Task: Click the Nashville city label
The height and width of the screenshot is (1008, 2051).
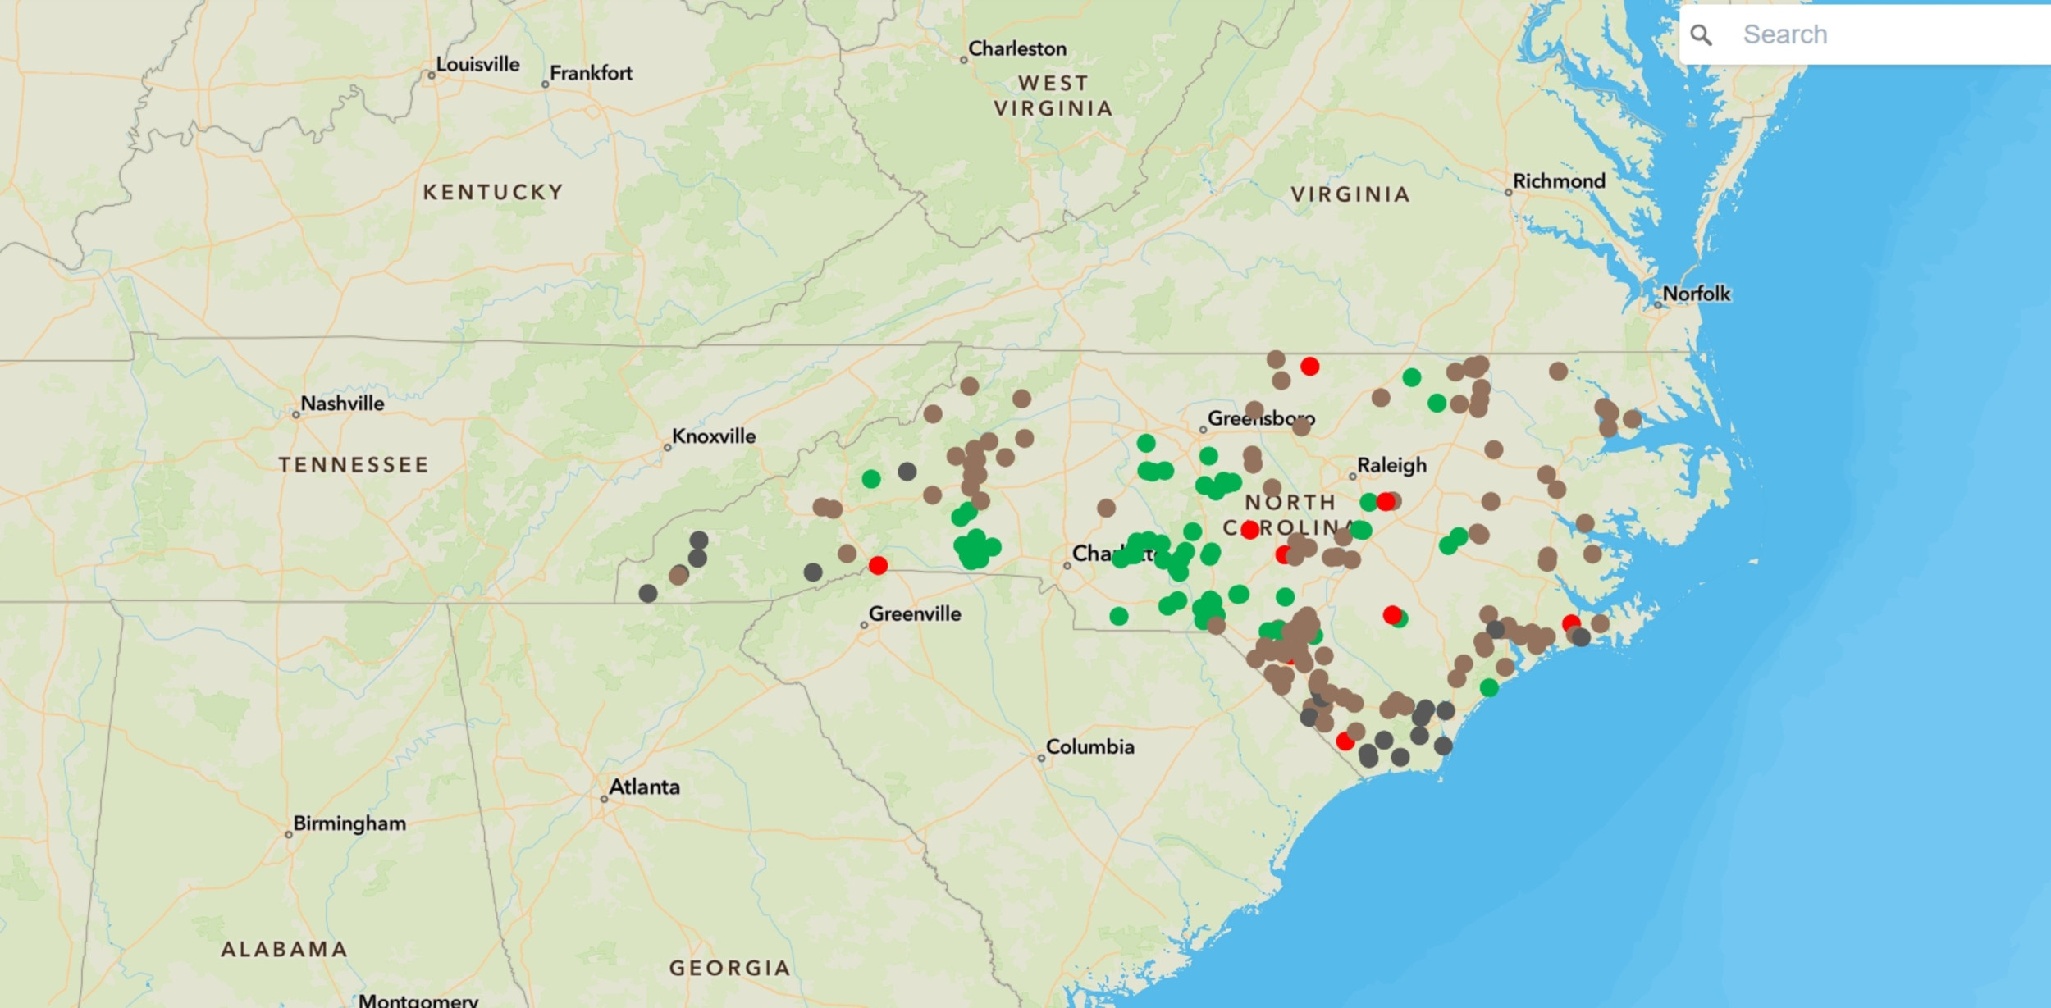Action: [342, 404]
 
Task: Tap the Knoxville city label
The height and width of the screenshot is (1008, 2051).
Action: [714, 436]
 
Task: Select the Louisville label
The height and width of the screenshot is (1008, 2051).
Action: [477, 64]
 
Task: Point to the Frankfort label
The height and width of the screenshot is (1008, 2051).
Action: [591, 73]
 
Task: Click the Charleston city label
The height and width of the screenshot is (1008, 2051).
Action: [1017, 49]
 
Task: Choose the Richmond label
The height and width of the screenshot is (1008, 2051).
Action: [1559, 181]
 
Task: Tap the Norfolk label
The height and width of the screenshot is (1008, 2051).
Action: [1696, 294]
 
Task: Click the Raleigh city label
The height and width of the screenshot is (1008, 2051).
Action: [1391, 466]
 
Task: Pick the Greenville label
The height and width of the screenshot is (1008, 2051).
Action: [915, 613]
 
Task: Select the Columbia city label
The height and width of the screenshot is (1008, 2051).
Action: [1090, 747]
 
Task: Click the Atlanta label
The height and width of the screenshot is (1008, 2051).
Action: [644, 787]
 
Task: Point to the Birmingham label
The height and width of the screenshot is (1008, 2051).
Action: [349, 823]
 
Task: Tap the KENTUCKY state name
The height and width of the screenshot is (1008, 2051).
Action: [493, 193]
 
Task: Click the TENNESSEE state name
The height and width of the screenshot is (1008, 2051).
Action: [354, 465]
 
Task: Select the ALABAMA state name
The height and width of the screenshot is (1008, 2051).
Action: [284, 950]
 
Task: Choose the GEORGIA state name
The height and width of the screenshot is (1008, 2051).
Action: [730, 969]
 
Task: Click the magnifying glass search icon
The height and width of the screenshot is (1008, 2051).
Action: [1702, 34]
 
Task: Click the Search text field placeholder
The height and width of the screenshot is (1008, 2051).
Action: [1785, 34]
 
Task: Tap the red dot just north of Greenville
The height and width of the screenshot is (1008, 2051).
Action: [878, 565]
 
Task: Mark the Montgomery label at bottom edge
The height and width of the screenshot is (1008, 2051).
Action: [418, 1001]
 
